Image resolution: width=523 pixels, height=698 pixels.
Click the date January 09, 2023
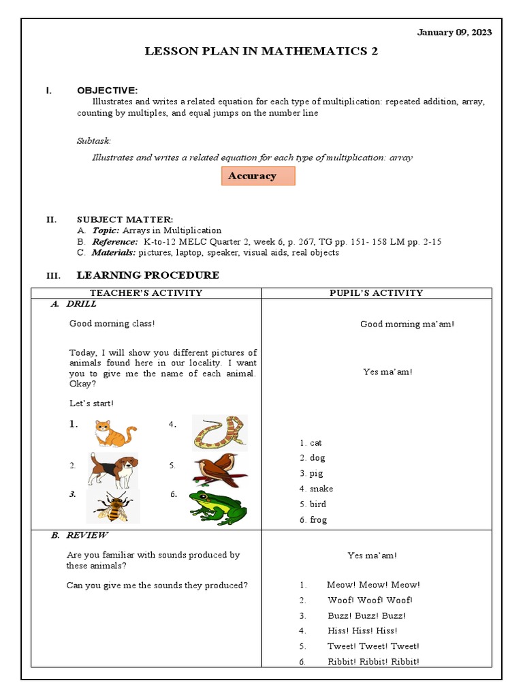tap(455, 32)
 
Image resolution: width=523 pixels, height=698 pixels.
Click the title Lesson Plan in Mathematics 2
tap(261, 51)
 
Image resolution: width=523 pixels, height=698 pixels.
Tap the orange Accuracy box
tap(258, 176)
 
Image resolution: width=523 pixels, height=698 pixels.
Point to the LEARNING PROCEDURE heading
tap(148, 275)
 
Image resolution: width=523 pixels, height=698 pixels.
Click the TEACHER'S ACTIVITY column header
tap(146, 293)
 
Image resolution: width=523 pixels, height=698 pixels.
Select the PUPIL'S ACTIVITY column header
tap(376, 293)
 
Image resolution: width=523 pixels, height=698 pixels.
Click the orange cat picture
tap(114, 432)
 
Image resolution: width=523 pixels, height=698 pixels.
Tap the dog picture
tap(113, 470)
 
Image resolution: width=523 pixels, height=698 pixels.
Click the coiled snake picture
tap(219, 433)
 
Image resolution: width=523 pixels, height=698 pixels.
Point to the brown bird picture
tap(219, 470)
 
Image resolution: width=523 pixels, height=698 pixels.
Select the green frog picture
tap(218, 508)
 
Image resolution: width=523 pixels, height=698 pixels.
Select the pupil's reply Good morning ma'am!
tap(407, 324)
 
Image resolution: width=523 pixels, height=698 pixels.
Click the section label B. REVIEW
tap(79, 536)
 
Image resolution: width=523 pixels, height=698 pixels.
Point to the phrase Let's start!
tap(92, 404)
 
